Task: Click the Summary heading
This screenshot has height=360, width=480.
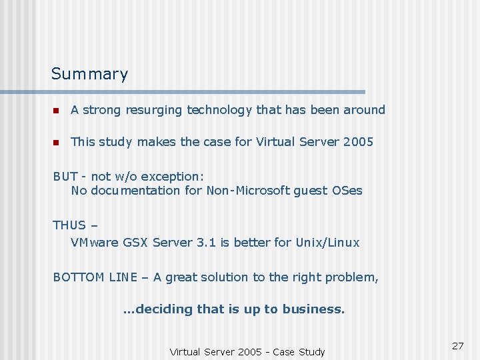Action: tap(89, 74)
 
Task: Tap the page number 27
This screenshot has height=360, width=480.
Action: tap(457, 345)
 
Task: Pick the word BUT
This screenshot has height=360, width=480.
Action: tap(65, 177)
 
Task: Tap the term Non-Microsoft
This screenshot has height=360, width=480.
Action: tap(248, 191)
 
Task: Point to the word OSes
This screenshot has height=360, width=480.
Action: tap(347, 191)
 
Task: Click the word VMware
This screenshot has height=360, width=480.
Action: tap(95, 243)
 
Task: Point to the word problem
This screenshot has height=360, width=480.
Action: tap(353, 277)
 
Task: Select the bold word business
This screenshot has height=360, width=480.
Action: tap(313, 309)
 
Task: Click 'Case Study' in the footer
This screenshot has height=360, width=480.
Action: tap(297, 352)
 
